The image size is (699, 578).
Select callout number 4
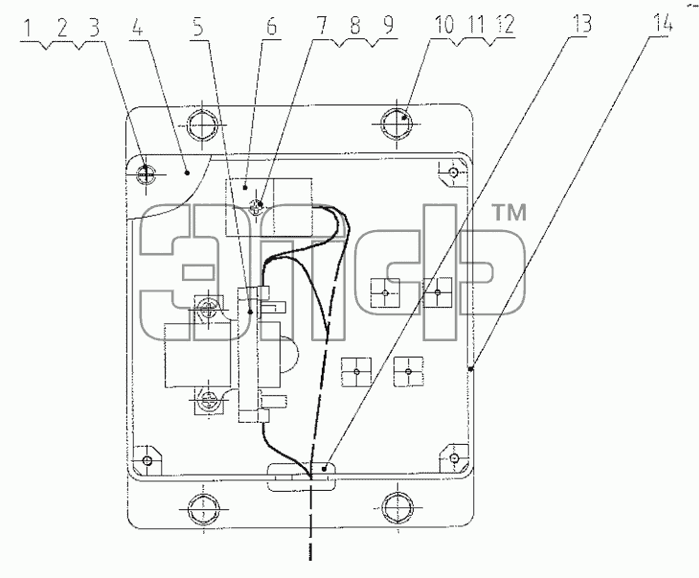(138, 27)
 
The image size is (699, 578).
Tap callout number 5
(198, 26)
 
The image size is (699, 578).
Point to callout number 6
(271, 26)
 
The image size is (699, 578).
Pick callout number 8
(355, 25)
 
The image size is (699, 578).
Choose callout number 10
(444, 25)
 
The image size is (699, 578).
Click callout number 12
(505, 25)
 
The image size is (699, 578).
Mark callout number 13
(581, 23)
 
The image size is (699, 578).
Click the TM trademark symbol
(508, 213)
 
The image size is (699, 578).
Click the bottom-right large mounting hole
(397, 507)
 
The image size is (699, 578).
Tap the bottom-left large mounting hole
(203, 508)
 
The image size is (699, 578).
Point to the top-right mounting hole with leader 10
(396, 123)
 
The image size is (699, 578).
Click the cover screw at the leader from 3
(146, 173)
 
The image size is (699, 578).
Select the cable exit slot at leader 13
(302, 477)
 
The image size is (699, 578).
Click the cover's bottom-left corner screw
(147, 460)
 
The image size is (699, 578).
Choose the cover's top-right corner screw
(453, 172)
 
